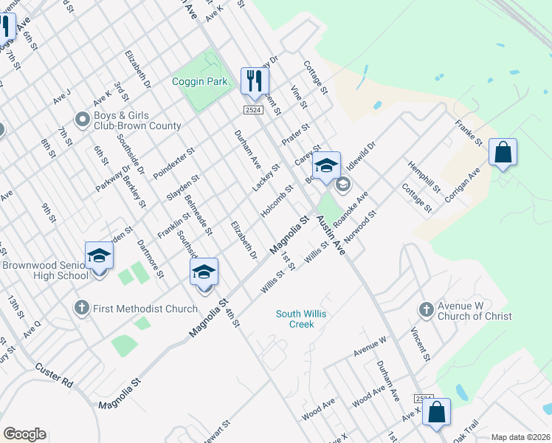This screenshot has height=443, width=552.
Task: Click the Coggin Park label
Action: [x=199, y=81]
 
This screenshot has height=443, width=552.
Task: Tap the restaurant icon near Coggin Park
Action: [x=255, y=80]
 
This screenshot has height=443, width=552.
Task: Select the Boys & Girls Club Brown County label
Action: [x=137, y=121]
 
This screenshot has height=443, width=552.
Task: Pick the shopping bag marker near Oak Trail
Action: [x=436, y=413]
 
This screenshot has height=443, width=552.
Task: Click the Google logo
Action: [x=24, y=434]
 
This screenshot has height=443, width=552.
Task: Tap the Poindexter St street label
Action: [x=173, y=162]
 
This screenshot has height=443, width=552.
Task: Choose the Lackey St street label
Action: [x=266, y=178]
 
